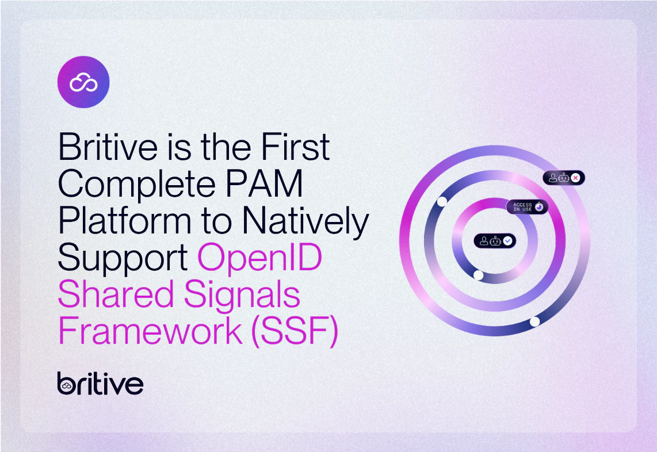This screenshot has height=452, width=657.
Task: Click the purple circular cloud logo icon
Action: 83,82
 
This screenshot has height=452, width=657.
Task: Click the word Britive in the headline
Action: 108,147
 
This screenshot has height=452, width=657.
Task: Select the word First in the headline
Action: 295,147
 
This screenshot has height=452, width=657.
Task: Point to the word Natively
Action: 306,221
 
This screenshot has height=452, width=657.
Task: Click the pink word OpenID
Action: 260,258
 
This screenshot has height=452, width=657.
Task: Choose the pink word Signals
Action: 242,295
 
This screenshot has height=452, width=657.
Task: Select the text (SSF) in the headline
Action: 295,331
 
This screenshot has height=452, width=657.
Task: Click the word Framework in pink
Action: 150,331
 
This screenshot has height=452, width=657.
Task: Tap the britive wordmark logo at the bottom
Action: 100,384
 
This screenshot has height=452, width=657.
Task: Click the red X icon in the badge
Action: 576,178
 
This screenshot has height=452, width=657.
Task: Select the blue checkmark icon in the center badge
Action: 507,241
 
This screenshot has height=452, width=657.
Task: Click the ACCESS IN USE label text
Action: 522,207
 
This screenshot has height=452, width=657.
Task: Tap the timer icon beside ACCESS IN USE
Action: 540,207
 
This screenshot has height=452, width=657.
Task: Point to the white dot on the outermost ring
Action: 534,321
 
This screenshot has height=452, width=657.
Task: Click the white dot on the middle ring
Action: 442,201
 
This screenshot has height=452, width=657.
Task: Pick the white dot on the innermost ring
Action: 478,275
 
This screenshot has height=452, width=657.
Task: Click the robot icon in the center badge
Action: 496,241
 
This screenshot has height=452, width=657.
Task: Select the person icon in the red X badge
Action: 553,178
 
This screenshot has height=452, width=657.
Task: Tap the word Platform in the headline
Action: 125,221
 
